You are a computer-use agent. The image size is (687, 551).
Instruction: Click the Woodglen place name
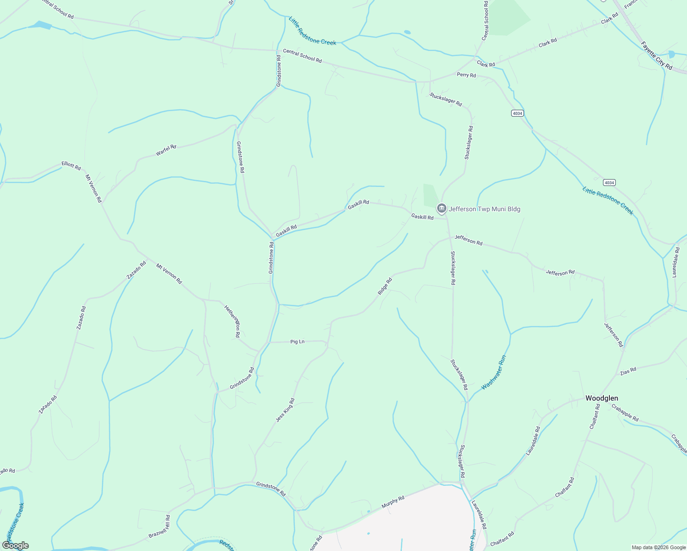602,398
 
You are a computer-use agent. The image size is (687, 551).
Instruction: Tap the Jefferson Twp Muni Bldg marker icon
441,209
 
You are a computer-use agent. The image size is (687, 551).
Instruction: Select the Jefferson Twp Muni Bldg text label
484,209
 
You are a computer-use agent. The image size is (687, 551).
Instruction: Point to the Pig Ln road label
297,342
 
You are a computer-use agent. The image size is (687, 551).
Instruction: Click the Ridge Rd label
385,287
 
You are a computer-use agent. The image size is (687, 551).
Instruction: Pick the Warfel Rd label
166,150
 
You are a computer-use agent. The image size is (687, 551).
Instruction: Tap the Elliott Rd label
71,165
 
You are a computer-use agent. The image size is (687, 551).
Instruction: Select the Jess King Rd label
285,410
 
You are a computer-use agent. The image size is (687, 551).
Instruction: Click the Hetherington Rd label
232,321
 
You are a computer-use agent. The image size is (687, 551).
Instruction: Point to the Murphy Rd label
393,501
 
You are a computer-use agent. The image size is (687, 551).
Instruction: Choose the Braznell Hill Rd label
159,527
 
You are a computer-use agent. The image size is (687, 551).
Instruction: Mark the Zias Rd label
628,371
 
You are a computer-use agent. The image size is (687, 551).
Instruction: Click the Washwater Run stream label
494,372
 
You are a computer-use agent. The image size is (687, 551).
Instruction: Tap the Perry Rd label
466,75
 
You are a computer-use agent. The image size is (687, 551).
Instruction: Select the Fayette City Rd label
656,56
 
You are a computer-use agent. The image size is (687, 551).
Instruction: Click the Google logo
15,545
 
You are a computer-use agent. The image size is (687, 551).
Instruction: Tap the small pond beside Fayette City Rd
672,54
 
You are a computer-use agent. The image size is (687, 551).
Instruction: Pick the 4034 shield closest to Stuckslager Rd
517,113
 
